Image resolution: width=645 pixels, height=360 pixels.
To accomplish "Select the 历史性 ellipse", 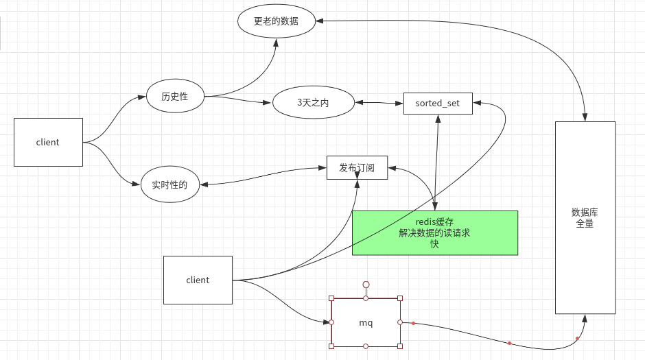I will (x=175, y=97).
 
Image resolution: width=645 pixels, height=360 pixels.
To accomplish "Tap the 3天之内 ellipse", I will (x=314, y=103).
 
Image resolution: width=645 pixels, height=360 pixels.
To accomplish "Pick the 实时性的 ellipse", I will (x=169, y=184).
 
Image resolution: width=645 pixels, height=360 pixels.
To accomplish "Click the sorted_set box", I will (x=438, y=103).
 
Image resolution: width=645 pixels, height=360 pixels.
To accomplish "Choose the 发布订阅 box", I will (x=357, y=167).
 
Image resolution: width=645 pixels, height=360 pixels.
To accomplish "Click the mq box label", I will (x=366, y=322).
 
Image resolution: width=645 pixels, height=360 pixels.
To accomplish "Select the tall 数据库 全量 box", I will (x=585, y=217).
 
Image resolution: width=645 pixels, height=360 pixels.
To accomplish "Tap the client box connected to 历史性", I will (x=48, y=142).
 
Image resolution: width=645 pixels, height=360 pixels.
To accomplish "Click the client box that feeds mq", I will (x=198, y=280).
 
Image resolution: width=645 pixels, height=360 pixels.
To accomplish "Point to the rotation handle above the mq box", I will (x=366, y=284).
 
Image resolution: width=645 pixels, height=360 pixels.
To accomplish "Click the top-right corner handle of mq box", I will (x=400, y=298).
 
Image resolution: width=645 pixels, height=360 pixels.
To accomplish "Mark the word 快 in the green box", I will (x=434, y=244).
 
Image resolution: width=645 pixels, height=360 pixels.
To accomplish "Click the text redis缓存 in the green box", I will (x=434, y=222).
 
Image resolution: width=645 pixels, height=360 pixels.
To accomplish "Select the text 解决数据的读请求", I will (x=434, y=233).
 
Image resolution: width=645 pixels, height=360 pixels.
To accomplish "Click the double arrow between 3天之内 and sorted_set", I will (x=379, y=103).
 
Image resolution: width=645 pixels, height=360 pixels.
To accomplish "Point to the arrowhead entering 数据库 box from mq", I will (x=585, y=318).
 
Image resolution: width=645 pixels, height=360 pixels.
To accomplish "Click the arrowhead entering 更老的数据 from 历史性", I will (x=277, y=42).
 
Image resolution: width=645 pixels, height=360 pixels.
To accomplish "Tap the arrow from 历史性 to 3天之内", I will (x=237, y=100).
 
